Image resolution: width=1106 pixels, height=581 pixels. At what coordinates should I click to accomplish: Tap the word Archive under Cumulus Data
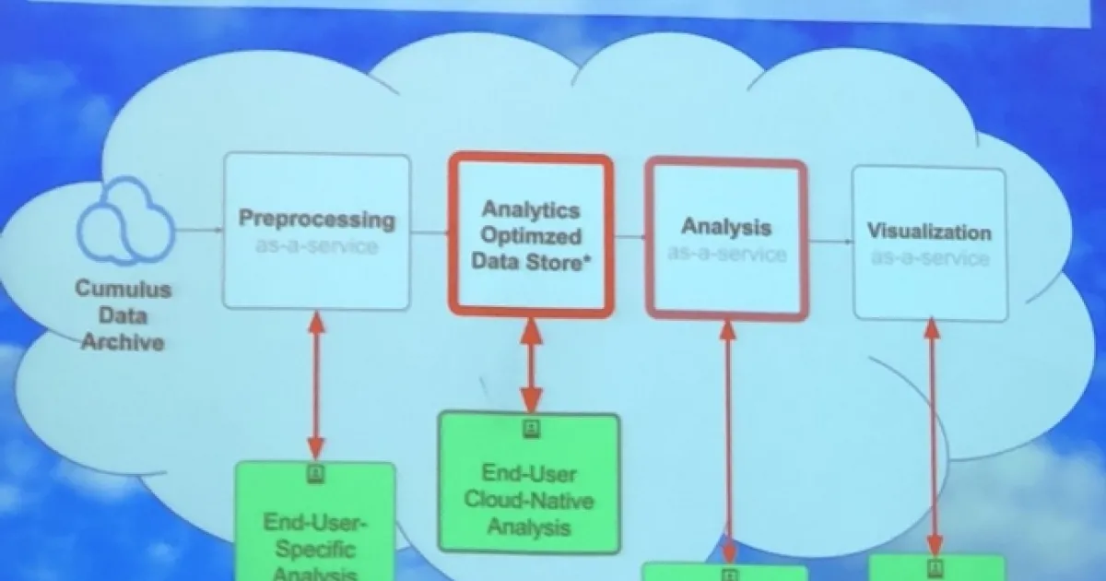[x=123, y=342]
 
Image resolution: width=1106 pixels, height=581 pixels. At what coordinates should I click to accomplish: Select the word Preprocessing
[x=317, y=219]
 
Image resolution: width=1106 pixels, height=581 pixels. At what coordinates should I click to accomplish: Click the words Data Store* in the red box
[x=531, y=261]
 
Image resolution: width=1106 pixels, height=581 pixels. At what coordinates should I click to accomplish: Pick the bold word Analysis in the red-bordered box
[x=726, y=227]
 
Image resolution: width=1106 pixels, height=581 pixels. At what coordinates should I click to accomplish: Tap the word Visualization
[x=928, y=232]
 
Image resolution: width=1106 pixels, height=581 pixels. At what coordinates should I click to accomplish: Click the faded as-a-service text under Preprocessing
[x=317, y=245]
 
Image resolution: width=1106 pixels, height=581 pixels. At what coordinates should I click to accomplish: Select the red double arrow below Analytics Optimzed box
[x=530, y=363]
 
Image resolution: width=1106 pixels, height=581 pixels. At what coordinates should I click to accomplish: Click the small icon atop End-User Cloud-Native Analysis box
[x=530, y=428]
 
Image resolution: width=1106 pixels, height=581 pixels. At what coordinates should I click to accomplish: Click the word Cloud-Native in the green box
[x=529, y=501]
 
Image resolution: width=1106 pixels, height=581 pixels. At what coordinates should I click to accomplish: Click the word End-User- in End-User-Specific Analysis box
[x=316, y=523]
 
